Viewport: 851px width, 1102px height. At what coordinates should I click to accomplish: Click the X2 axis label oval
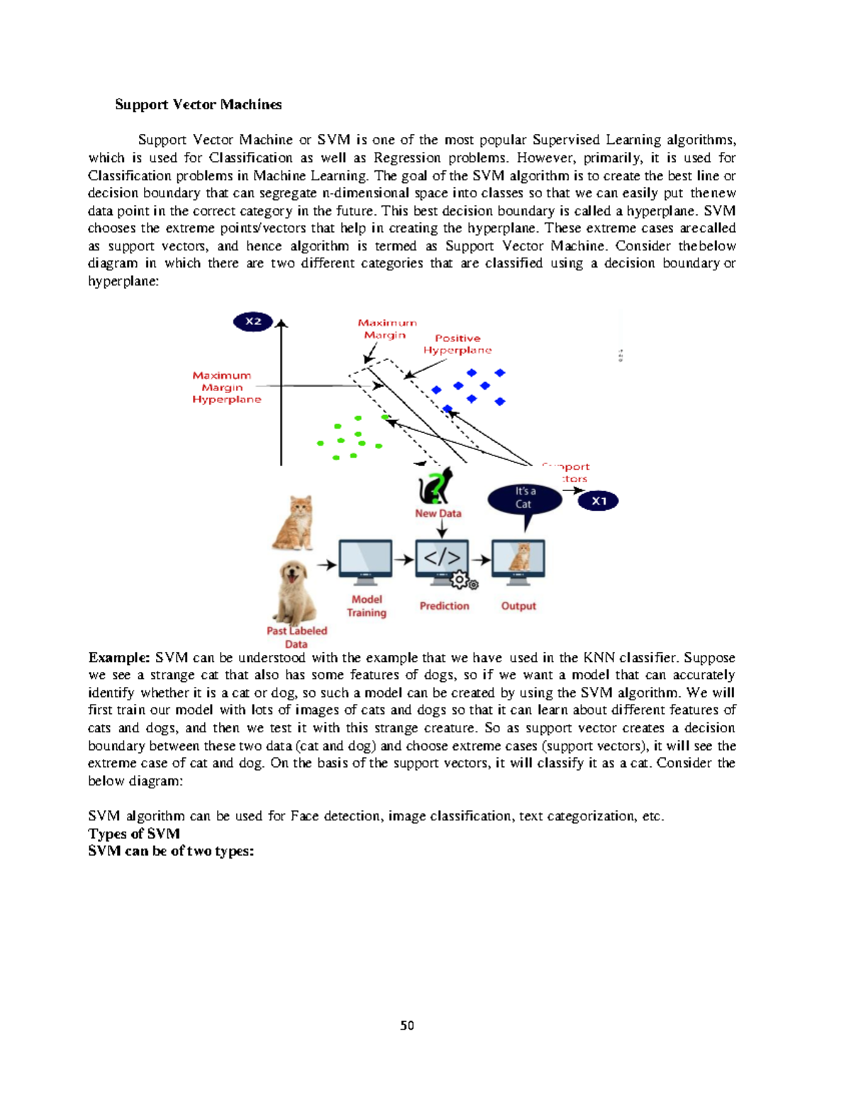tap(253, 321)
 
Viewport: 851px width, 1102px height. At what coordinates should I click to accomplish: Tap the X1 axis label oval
tap(598, 501)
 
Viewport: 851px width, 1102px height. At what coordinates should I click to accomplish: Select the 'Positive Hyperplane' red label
tap(457, 344)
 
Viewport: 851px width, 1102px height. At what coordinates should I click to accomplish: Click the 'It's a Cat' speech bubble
tap(525, 499)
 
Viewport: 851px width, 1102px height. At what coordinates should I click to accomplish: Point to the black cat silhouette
tap(435, 486)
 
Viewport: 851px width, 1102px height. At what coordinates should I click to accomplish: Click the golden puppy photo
tap(294, 593)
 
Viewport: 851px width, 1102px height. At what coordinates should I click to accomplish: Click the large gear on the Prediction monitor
tap(460, 580)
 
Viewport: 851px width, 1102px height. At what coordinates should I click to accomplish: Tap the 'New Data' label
tap(438, 513)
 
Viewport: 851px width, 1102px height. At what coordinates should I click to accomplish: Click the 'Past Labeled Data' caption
tap(296, 637)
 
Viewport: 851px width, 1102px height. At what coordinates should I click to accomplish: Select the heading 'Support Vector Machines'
tap(199, 104)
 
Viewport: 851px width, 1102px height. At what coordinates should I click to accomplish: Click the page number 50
tap(407, 1025)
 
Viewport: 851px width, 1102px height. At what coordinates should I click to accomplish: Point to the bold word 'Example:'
tap(119, 658)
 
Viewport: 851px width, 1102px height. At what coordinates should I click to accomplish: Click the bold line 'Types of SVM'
tap(134, 834)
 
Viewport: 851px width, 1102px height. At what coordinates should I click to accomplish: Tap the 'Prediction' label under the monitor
tap(445, 606)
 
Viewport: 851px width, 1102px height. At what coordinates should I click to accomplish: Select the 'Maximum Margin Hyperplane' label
tap(226, 387)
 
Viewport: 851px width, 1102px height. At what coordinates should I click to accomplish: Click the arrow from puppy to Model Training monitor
tap(326, 565)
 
